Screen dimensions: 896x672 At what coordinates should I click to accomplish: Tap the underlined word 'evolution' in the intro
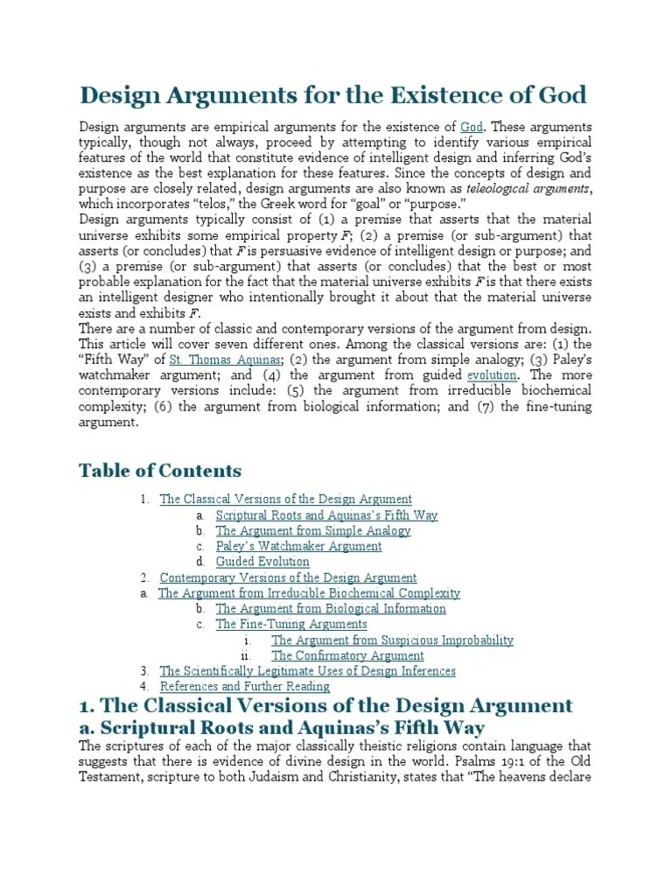pos(493,375)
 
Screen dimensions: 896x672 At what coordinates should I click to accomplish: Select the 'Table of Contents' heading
pos(160,471)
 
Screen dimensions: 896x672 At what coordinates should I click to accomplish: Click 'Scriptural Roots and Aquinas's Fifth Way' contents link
pos(326,515)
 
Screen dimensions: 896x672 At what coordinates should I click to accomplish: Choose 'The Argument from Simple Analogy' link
pos(312,531)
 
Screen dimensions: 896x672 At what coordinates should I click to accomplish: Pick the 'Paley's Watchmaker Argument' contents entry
pos(298,546)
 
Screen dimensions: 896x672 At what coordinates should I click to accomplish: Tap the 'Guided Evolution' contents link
pos(262,562)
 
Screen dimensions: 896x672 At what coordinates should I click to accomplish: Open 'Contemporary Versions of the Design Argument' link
pos(288,577)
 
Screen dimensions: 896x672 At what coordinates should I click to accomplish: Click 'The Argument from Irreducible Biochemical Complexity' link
pos(309,593)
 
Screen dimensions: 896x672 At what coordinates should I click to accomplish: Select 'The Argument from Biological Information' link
pos(331,609)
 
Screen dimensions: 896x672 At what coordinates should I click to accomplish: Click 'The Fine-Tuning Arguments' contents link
pos(291,625)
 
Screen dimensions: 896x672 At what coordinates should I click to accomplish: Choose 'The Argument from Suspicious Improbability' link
pos(392,640)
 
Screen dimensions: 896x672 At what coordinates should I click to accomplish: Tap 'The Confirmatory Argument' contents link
pos(347,655)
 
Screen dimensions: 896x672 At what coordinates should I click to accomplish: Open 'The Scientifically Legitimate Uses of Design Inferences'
pos(307,671)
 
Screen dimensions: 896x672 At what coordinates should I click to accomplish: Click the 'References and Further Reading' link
pos(245,687)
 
